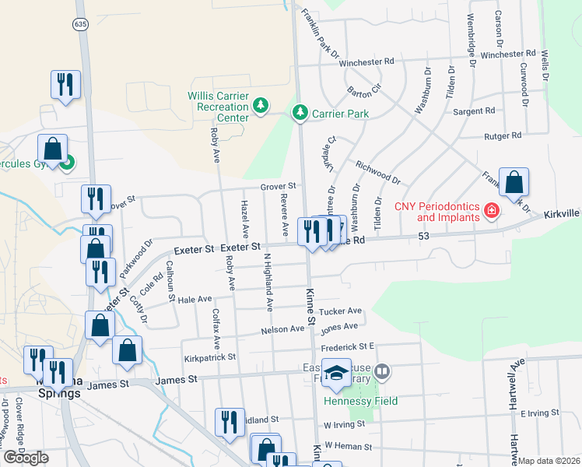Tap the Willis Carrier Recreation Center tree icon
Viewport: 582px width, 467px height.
pos(261,105)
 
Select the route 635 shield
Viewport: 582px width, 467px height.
pos(81,24)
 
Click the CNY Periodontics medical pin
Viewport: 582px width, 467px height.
pos(491,210)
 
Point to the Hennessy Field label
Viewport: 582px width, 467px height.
pos(361,402)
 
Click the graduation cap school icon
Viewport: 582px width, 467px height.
pos(336,374)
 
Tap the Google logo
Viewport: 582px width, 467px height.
pos(26,458)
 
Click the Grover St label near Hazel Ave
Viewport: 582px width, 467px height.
pos(279,186)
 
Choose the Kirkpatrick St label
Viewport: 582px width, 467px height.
pos(210,356)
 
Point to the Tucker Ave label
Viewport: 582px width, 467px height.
pos(346,311)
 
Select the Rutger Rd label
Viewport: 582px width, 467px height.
pos(502,135)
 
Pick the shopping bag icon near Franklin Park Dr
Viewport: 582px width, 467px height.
pos(514,183)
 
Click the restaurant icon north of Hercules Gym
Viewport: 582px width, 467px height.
pos(65,85)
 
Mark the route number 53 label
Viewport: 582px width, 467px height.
pos(424,236)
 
